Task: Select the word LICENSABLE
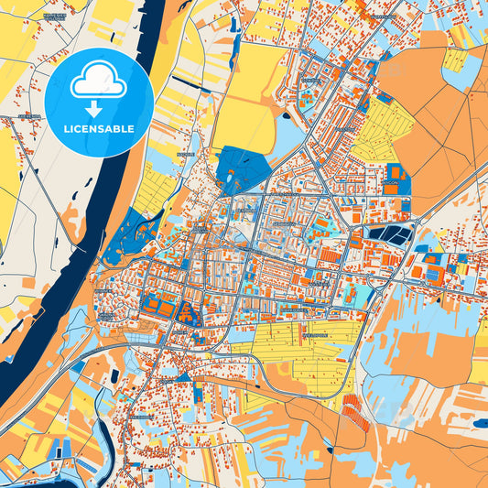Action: coord(99,129)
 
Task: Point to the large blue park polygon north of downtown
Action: coord(242,170)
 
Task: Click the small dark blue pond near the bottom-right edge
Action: coord(480,423)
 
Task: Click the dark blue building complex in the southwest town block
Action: coord(189,314)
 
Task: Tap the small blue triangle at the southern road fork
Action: coord(183,375)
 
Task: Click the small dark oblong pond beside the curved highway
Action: coord(114,376)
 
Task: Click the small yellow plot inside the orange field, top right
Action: coord(454,60)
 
